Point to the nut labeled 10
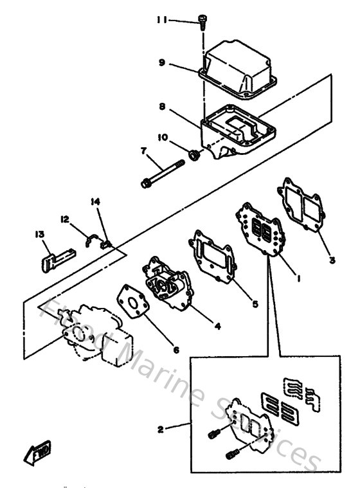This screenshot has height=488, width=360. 196,154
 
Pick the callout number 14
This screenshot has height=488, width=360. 96,202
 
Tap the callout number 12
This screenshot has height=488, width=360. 65,219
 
